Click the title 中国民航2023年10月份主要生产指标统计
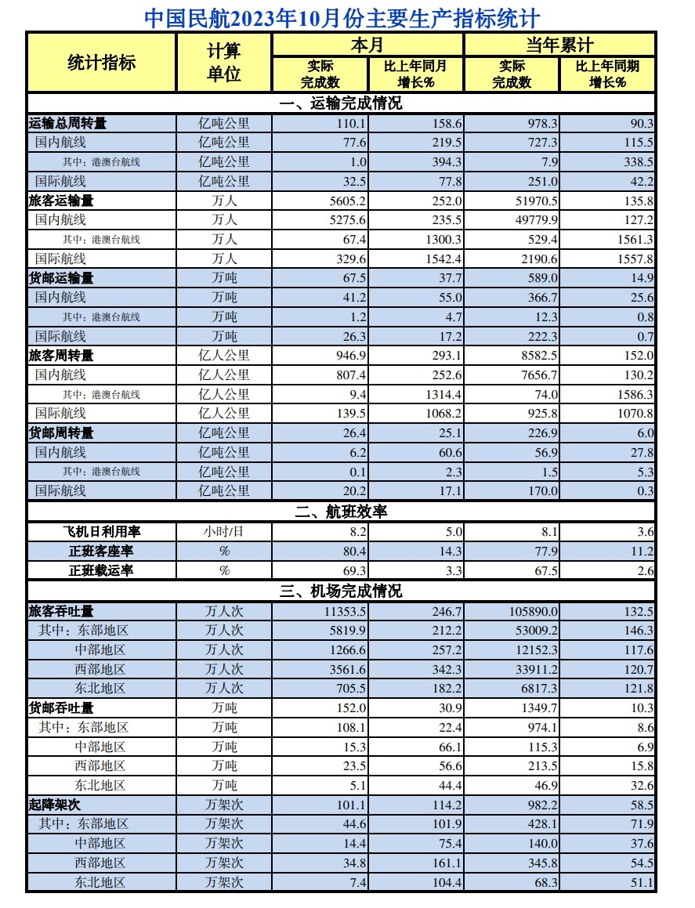[342, 18]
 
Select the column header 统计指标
[102, 63]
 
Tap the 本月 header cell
[367, 45]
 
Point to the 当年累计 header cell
[559, 45]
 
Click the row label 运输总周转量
[67, 123]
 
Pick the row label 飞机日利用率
[102, 531]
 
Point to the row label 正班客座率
[102, 551]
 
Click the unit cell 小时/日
[224, 531]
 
